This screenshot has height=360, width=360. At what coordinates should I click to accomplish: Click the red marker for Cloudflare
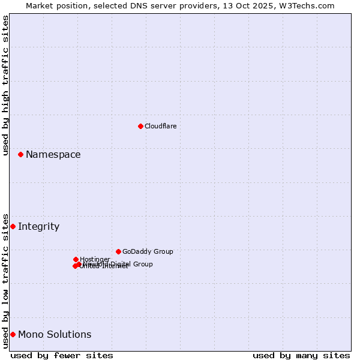pos(140,126)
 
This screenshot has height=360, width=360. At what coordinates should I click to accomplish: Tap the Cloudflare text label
pos(161,126)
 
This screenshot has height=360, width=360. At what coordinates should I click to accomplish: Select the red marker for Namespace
pos(20,154)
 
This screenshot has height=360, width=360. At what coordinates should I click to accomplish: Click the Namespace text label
pos(53,154)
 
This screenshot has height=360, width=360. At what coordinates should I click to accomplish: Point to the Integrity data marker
pos(13,226)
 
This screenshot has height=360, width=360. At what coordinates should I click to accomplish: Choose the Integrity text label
pos(38,226)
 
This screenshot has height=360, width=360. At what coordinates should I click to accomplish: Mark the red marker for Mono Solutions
pos(13,334)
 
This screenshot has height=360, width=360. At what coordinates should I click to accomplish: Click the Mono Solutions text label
pos(55,334)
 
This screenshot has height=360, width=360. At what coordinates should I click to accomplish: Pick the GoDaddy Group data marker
pos(118,251)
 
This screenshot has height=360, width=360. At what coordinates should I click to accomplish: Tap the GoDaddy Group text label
pos(148,251)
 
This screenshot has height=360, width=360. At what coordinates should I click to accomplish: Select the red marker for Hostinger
pos(76,259)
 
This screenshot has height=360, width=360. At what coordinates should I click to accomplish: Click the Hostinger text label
pos(95,259)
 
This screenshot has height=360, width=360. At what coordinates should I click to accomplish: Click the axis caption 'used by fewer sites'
pos(62,355)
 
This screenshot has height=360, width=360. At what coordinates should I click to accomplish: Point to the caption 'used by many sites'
pos(301,355)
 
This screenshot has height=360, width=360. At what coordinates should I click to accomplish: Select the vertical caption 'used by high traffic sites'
pos(5,85)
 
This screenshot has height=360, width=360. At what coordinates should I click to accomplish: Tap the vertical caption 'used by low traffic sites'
pos(5,281)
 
